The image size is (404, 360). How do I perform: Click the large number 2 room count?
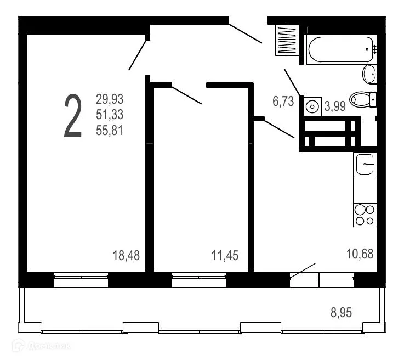click(x=73, y=116)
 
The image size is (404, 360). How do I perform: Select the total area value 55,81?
click(x=110, y=131)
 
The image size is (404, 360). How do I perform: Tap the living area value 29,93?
click(x=110, y=99)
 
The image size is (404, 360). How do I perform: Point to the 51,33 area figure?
click(x=110, y=115)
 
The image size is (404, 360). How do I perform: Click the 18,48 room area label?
click(x=126, y=255)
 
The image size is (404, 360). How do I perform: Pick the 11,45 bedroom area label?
click(x=225, y=255)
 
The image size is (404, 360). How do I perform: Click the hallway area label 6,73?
click(x=283, y=101)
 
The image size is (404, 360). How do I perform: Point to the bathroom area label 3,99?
click(x=334, y=106)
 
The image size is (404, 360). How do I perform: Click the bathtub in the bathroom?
click(x=340, y=50)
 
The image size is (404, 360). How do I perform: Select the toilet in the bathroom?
click(x=362, y=99)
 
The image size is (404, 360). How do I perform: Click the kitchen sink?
click(x=365, y=164)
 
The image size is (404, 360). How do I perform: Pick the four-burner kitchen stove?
click(x=365, y=215)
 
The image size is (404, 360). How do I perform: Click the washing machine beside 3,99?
click(x=313, y=105)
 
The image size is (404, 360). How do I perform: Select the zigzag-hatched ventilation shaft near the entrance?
click(x=286, y=41)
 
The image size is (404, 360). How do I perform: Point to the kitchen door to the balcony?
click(x=304, y=279)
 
